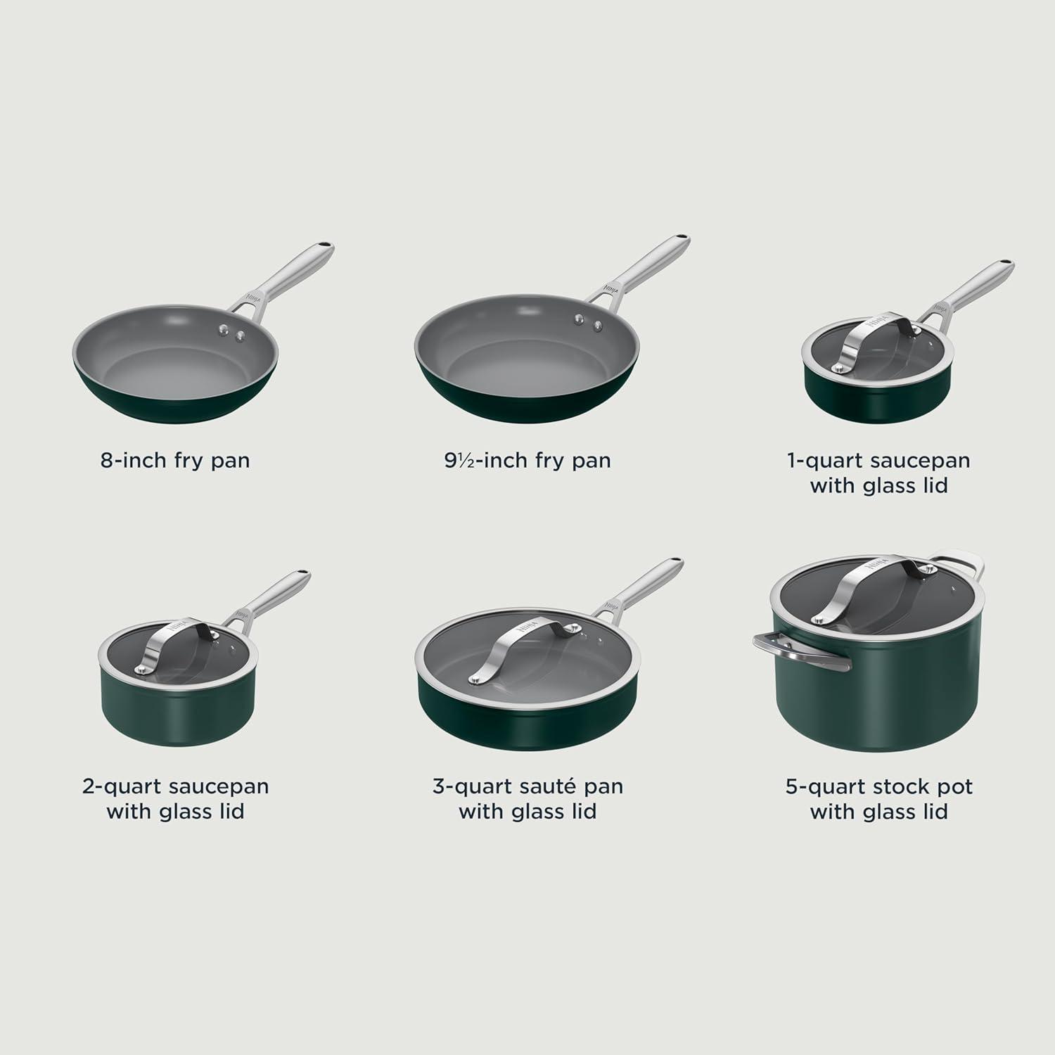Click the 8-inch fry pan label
click(x=175, y=461)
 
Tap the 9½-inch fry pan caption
click(x=527, y=461)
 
